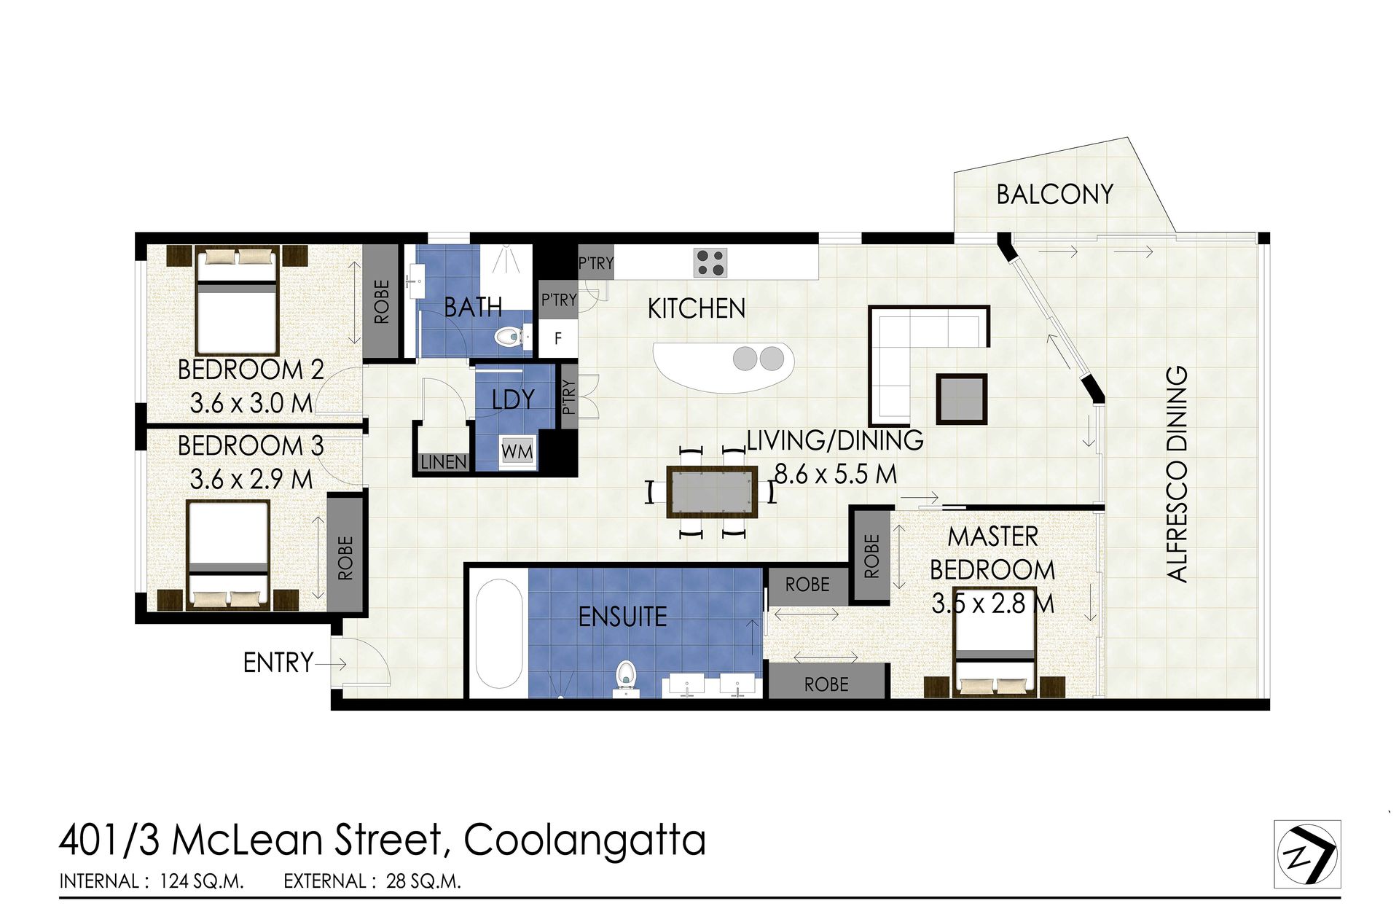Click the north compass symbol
click(1307, 854)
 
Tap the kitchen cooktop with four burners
click(710, 262)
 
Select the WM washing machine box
click(517, 451)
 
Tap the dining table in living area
click(711, 491)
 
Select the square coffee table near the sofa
click(962, 399)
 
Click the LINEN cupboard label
click(443, 462)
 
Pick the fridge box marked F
click(558, 338)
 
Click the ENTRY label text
click(278, 663)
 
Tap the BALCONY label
click(1054, 194)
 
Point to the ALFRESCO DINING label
click(1177, 473)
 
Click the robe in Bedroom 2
click(381, 301)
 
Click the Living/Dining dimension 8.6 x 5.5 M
click(835, 475)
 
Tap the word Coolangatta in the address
click(584, 840)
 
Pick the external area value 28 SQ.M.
click(423, 881)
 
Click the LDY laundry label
click(513, 399)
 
